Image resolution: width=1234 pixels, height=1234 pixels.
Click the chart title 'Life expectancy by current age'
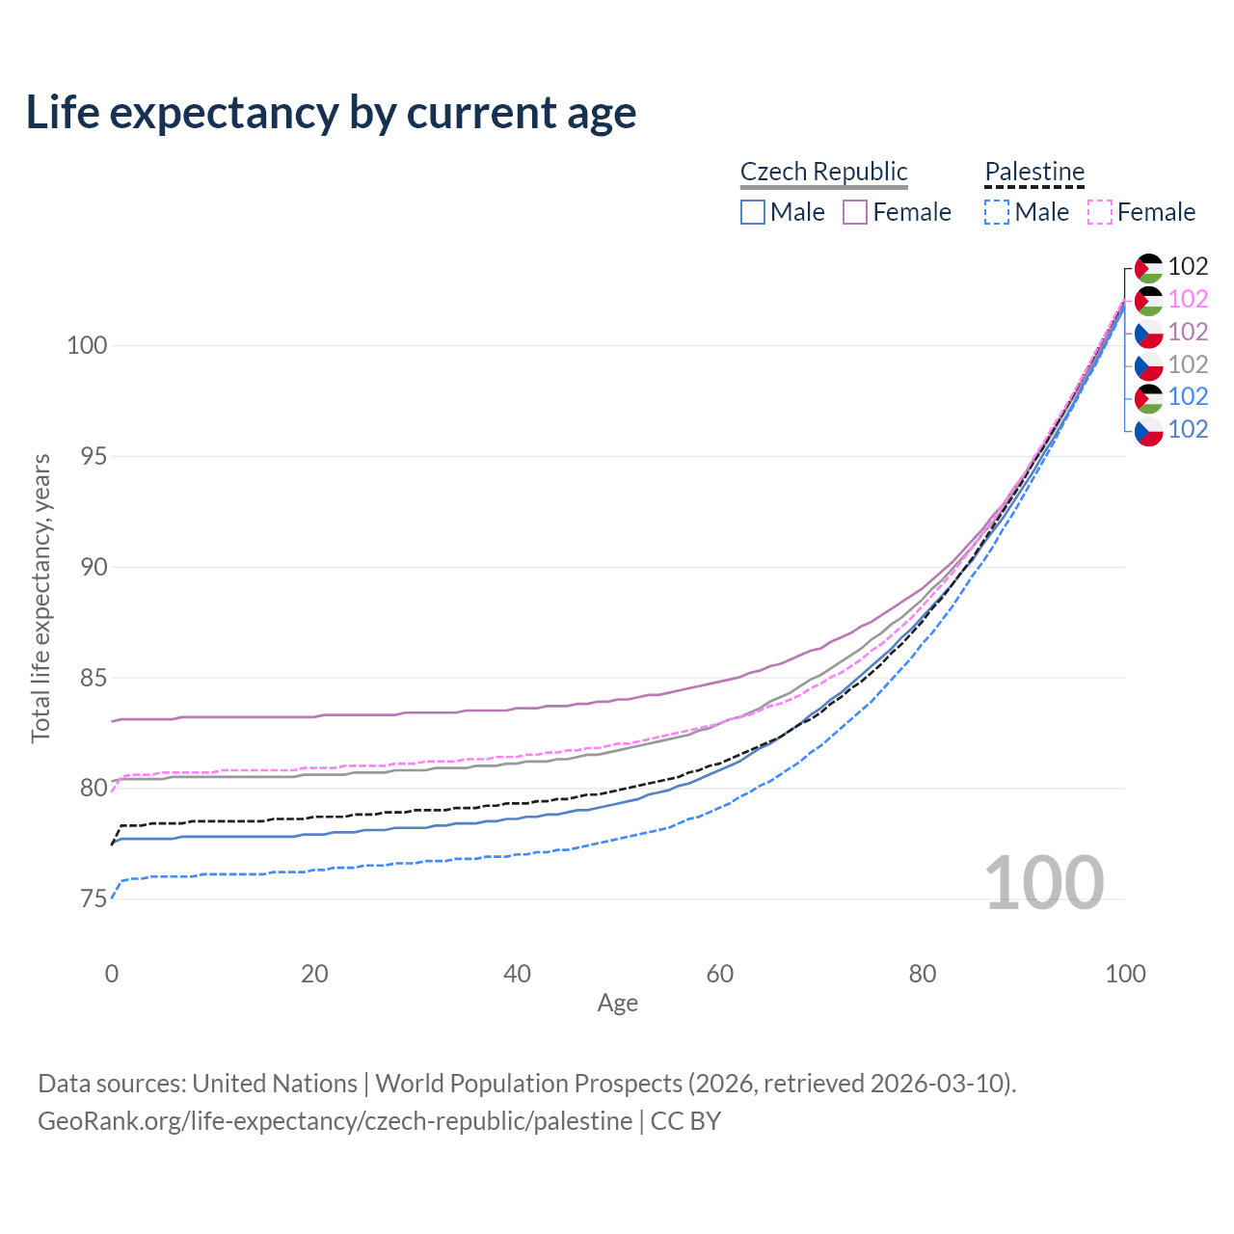tap(331, 113)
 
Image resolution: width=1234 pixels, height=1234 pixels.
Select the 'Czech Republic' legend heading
tap(823, 172)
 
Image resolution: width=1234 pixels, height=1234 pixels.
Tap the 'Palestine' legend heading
tap(1034, 172)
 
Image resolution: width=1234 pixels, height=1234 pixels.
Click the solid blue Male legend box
tap(753, 212)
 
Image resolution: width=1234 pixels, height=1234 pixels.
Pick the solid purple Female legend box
tap(855, 212)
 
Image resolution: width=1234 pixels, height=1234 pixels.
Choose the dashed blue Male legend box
tap(997, 212)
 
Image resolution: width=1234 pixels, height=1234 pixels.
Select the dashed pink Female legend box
tap(1100, 212)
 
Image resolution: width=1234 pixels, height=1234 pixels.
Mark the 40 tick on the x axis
tap(517, 974)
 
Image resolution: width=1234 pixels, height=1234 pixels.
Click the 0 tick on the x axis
tap(112, 974)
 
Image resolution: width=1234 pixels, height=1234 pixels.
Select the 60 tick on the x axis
tap(720, 974)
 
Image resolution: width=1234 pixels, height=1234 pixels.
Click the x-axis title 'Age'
tap(617, 1004)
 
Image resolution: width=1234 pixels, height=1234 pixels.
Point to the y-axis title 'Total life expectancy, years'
tap(40, 598)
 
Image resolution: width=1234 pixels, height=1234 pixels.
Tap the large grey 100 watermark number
tap(1044, 883)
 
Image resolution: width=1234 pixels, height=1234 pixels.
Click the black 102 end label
tap(1188, 267)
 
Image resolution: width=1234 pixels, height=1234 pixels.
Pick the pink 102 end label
tap(1188, 300)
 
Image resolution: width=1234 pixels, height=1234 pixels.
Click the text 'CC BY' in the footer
tap(685, 1121)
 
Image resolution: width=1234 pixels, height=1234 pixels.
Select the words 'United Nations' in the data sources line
tap(275, 1084)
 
